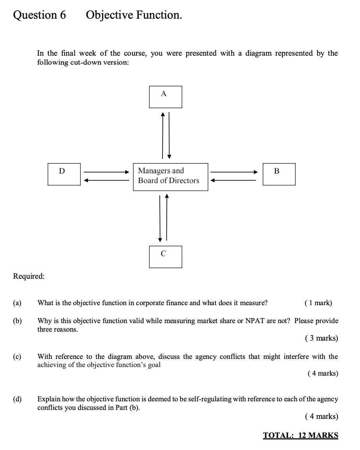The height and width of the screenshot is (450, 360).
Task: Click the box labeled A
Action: coord(165,97)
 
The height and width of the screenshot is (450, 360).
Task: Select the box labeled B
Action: coord(279,174)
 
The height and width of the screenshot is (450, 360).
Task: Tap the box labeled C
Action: coord(165,257)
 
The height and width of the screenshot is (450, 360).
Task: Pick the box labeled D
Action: coord(64,174)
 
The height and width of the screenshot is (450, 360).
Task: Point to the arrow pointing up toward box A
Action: coord(163,135)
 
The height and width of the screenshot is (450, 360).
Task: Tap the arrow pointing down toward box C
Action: coord(160,218)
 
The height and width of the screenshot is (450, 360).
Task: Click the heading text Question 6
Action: coord(39,15)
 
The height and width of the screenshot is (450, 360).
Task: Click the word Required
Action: coord(28,276)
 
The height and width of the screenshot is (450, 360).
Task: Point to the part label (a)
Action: coord(17,303)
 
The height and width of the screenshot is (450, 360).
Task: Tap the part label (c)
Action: coord(17,357)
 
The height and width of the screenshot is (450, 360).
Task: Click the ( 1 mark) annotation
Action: coord(318,303)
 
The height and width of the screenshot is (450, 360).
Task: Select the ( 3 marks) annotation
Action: coord(321,338)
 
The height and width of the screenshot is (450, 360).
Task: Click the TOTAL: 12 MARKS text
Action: coord(300,435)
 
